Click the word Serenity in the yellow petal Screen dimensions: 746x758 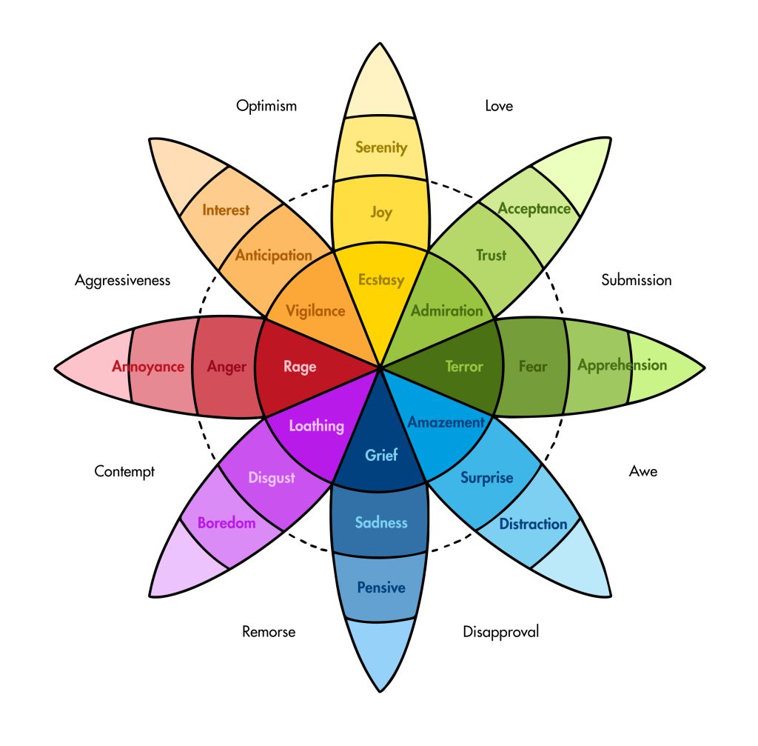[x=381, y=147]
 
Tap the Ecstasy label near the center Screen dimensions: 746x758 [x=380, y=279]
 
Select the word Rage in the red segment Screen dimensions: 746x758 [x=300, y=366]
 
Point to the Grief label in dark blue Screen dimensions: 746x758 [x=381, y=455]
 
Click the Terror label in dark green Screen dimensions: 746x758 [x=464, y=366]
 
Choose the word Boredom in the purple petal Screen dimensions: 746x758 [x=227, y=523]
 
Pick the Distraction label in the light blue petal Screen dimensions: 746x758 [x=533, y=524]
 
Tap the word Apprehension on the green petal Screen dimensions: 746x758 [x=622, y=365]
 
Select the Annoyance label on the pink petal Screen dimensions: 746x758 [x=148, y=366]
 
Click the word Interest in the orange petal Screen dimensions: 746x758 [x=226, y=210]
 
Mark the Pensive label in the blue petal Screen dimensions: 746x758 [x=381, y=587]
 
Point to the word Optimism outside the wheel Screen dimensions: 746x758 [x=266, y=106]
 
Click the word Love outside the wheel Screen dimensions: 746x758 [x=499, y=106]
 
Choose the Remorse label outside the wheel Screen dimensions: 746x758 [x=269, y=632]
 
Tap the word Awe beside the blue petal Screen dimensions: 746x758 [x=643, y=471]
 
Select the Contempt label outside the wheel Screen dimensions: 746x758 [x=124, y=471]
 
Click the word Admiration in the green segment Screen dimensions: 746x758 [x=446, y=310]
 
